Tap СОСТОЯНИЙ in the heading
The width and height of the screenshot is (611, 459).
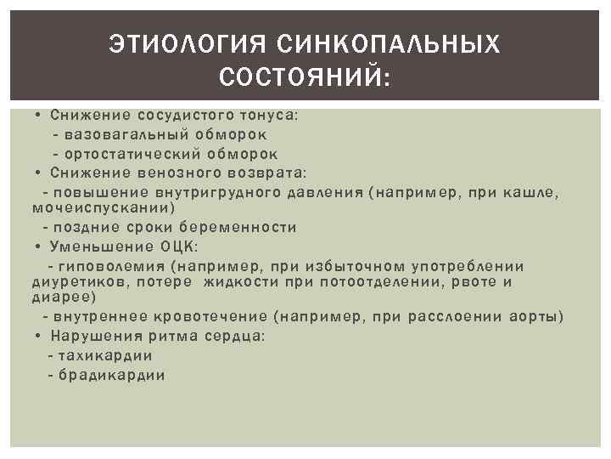[x=302, y=78]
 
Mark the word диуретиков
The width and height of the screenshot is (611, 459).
[x=73, y=281]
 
